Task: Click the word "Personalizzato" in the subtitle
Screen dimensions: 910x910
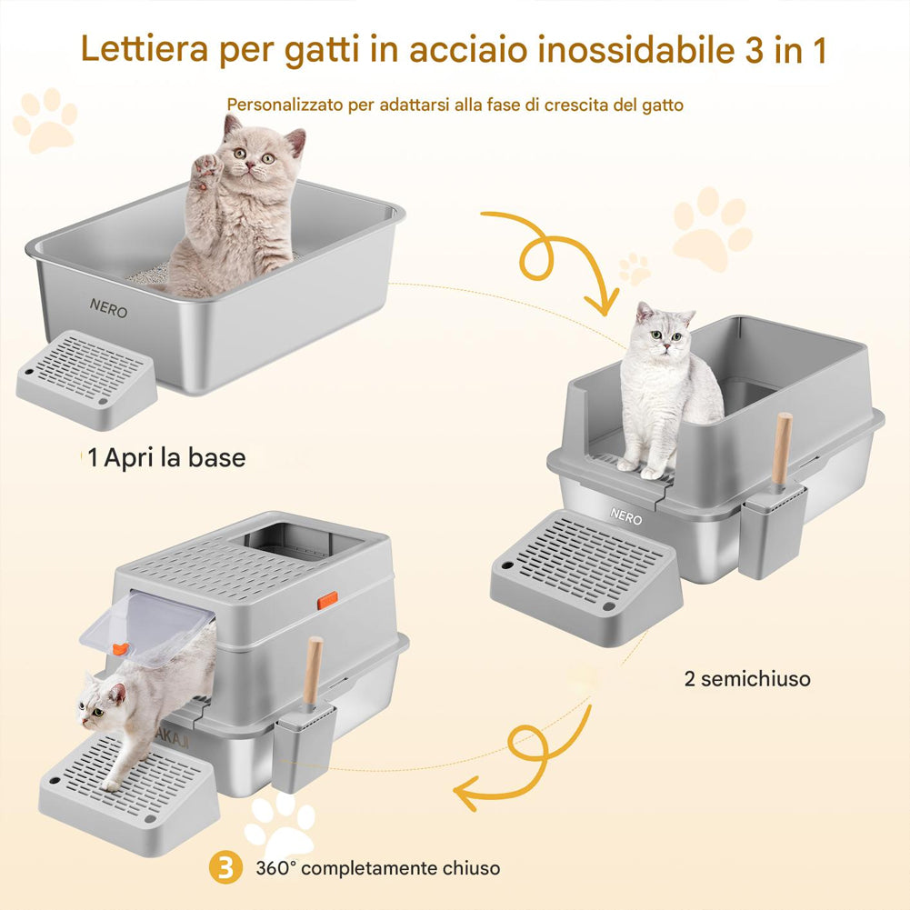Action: [283, 105]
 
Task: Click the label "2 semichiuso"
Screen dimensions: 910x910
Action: [746, 678]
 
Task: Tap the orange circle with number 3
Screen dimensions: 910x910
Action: [225, 867]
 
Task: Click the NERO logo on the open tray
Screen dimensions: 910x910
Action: [108, 310]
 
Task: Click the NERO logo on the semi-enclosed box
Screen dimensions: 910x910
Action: [625, 517]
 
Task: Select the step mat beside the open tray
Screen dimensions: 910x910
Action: [87, 377]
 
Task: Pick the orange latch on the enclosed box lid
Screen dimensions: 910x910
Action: [327, 600]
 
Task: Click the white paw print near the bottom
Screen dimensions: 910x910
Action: [281, 823]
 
